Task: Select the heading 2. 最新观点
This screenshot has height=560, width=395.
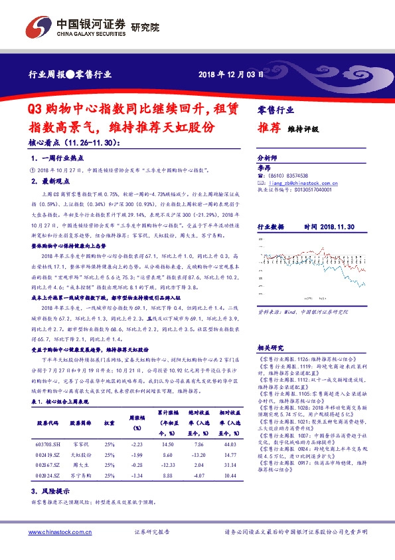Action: [x=53, y=180]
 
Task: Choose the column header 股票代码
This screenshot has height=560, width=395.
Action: [x=48, y=422]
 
